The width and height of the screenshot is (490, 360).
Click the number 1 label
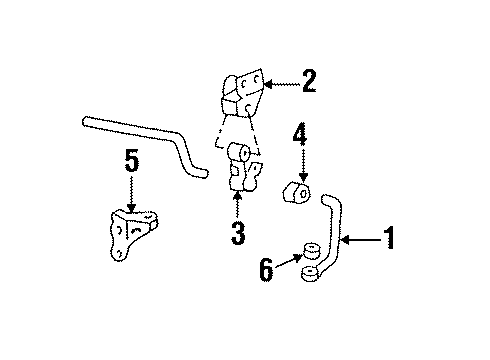pos(390,239)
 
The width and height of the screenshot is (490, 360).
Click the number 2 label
pos(309,81)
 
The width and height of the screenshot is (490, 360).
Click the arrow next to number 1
pos(362,239)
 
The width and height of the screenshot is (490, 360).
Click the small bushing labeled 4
pos(299,194)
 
